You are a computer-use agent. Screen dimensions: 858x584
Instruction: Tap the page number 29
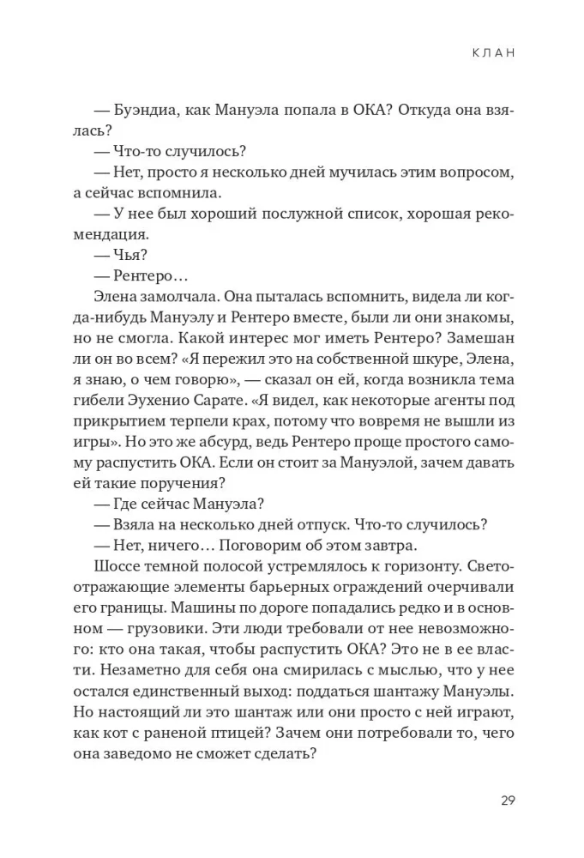click(507, 801)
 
